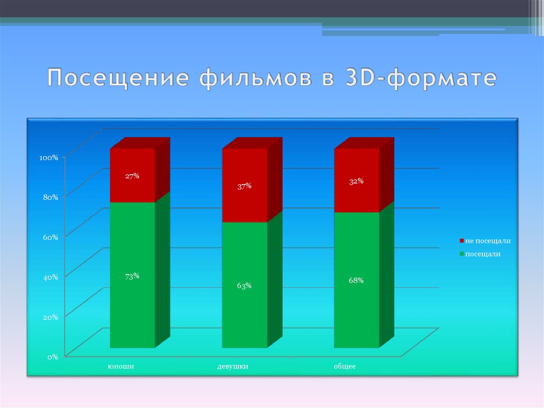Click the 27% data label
132,176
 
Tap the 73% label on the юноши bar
132,276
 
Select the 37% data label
244,186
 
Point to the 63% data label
244,286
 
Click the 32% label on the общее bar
356,181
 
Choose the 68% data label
356,280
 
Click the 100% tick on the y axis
48,158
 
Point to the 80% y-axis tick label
50,197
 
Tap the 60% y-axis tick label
50,237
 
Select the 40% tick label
50,277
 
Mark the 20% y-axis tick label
50,317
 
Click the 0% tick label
53,357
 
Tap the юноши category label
121,367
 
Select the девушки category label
233,367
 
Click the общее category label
345,367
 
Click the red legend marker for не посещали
462,240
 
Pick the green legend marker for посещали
462,254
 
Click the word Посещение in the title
118,77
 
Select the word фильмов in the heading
256,78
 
